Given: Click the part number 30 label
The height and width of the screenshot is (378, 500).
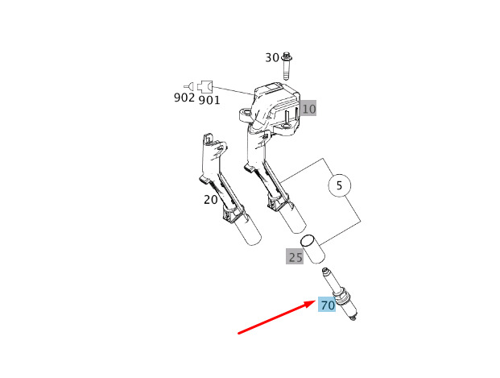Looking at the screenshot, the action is click(272, 58).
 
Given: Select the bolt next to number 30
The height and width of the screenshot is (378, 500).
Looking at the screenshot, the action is click(287, 65).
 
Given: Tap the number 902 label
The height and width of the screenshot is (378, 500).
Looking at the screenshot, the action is click(184, 98).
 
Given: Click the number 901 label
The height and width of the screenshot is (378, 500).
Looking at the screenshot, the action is click(209, 100).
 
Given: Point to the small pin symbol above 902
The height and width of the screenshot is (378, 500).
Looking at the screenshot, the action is click(189, 86).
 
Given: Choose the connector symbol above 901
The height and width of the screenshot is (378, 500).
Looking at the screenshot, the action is click(205, 86).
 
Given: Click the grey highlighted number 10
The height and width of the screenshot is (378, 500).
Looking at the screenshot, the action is click(308, 109).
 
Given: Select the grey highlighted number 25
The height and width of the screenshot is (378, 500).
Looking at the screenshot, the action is click(295, 256).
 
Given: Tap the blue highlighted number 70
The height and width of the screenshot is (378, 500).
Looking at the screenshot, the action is click(327, 305).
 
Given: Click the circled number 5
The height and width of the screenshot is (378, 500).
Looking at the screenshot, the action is click(339, 185).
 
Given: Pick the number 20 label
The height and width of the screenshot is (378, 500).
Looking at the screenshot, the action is click(210, 200).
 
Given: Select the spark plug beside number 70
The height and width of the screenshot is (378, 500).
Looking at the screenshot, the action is click(340, 293).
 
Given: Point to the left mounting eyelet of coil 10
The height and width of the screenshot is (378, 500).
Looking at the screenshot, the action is click(246, 114).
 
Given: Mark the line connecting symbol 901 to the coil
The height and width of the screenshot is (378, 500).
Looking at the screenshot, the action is click(233, 90).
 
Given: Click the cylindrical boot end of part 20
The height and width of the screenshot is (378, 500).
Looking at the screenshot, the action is click(248, 230).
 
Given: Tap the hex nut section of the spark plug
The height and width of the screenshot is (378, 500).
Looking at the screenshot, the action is click(339, 295).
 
